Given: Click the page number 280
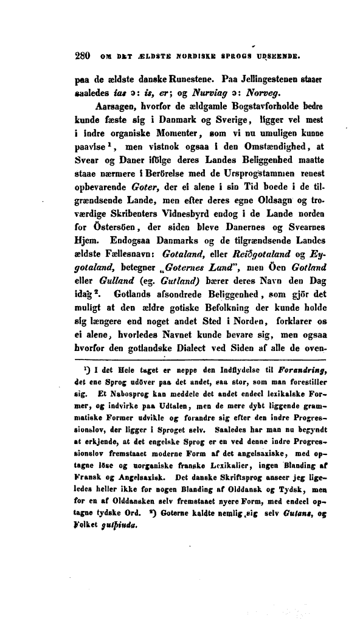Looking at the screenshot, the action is (81, 58).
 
